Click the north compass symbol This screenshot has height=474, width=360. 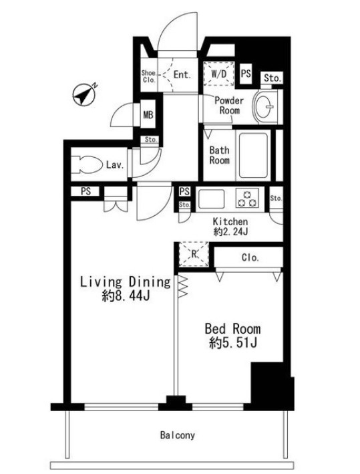tap(84, 94)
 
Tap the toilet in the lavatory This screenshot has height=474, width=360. tap(87, 164)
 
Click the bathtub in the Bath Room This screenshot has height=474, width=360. tap(253, 155)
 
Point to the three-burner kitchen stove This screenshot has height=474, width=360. tap(247, 198)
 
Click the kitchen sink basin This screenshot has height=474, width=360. tap(212, 199)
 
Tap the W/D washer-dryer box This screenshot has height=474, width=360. tap(218, 74)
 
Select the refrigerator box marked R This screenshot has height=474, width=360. tap(194, 254)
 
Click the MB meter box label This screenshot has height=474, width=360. tap(148, 115)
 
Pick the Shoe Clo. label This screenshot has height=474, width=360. tap(148, 76)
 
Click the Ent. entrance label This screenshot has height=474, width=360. tap(182, 75)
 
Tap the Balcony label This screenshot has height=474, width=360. tap(178, 435)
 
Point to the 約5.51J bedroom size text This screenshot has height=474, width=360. tap(233, 343)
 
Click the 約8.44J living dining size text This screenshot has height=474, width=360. tap(126, 296)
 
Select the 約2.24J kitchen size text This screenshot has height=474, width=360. tap(230, 231)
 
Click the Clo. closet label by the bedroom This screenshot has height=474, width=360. tap(250, 257)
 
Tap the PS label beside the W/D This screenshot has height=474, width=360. tap(246, 74)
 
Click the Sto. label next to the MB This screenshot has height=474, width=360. tap(151, 140)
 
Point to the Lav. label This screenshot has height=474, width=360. tap(115, 165)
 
